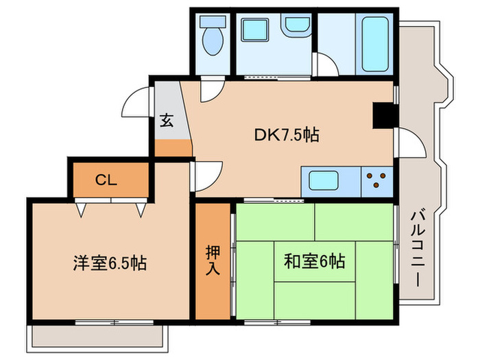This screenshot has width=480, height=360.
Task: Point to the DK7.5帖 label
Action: [x=286, y=136]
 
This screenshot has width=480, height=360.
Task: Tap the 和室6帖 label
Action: [x=315, y=261]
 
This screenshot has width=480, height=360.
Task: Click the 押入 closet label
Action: [x=213, y=260]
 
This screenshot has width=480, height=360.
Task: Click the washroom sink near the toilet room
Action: [x=296, y=26]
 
